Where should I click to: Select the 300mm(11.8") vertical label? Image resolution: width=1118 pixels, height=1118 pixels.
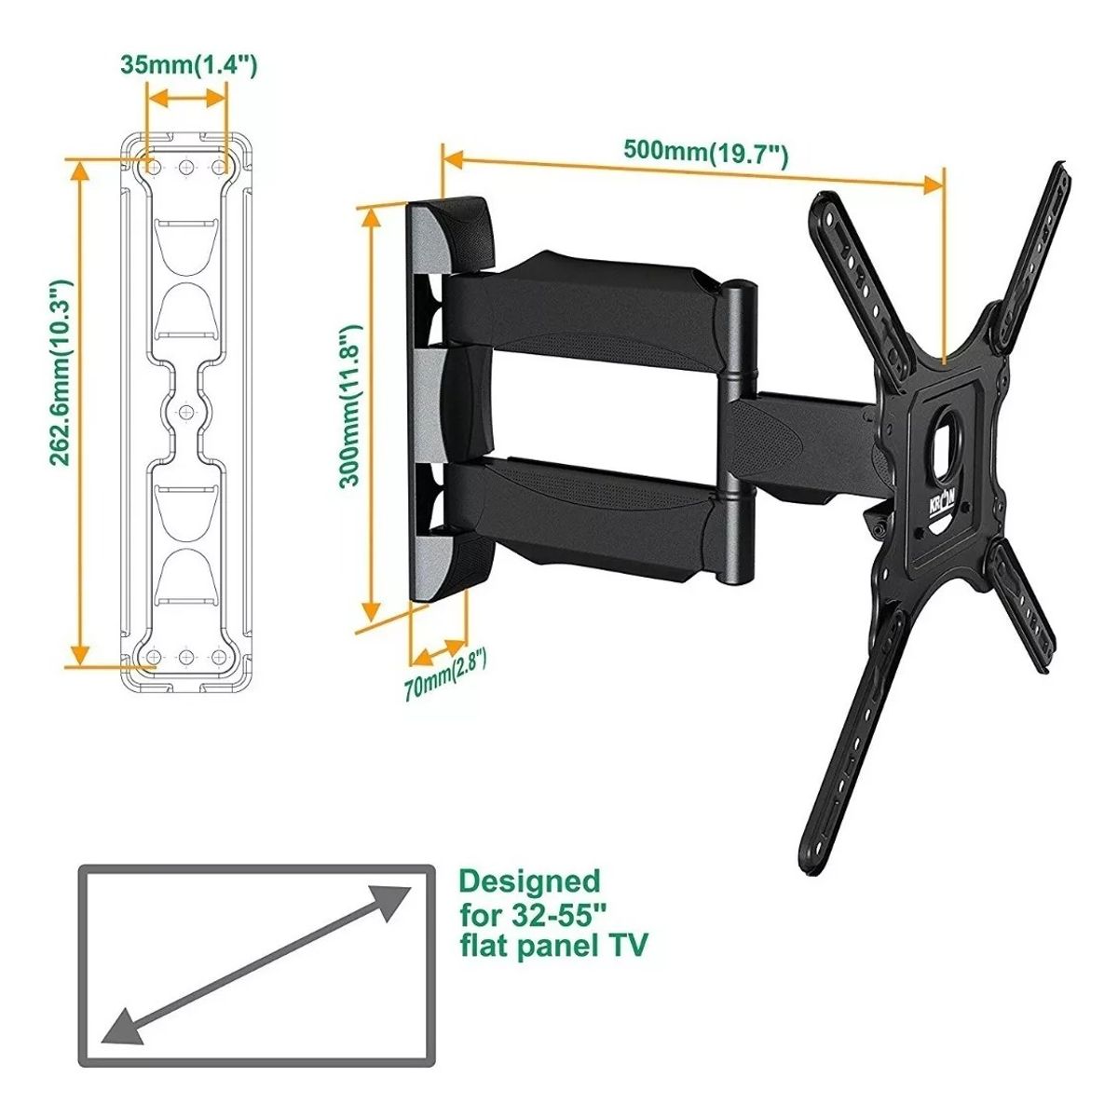pyautogui.click(x=349, y=406)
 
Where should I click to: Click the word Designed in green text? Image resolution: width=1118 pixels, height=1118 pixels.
pyautogui.click(x=530, y=880)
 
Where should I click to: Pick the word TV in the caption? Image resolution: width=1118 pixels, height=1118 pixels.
pyautogui.click(x=626, y=947)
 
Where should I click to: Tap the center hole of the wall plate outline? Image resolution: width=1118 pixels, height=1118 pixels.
pyautogui.click(x=185, y=412)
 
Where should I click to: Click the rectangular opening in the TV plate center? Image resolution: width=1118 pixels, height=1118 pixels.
pyautogui.click(x=948, y=439)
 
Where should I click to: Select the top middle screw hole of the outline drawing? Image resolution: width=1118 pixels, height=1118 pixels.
pyautogui.click(x=185, y=166)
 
